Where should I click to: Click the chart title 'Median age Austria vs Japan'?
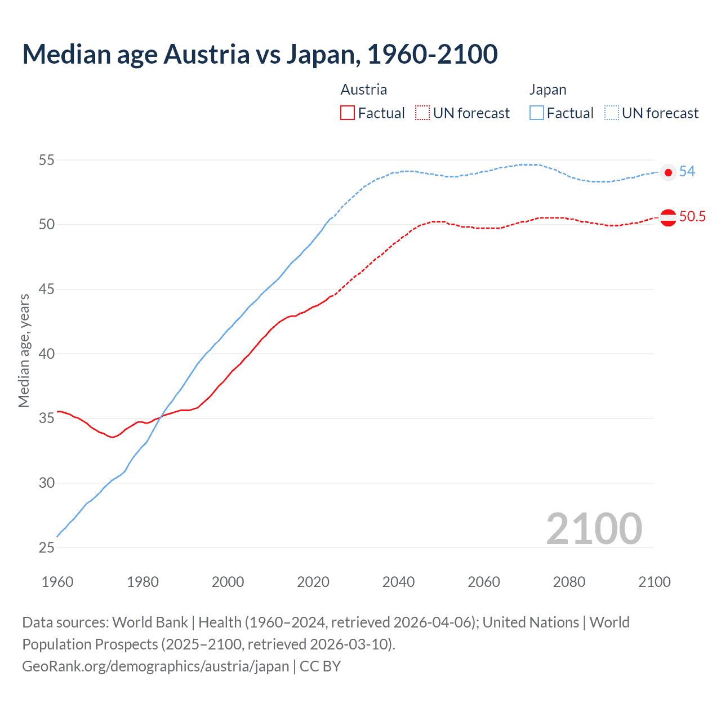click(x=260, y=54)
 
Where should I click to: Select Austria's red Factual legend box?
click(x=348, y=113)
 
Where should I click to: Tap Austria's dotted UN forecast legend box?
click(x=422, y=113)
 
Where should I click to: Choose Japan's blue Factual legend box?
click(x=537, y=113)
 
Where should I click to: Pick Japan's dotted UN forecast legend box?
click(x=612, y=113)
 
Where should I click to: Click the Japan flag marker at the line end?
click(x=668, y=172)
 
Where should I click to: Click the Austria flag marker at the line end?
click(x=668, y=217)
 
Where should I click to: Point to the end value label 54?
click(x=687, y=172)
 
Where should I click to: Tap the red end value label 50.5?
click(x=692, y=217)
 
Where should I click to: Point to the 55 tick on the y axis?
click(x=46, y=161)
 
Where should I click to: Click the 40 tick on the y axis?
click(x=46, y=354)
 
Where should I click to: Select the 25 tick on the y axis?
click(x=46, y=548)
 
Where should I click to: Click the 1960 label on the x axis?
click(x=57, y=582)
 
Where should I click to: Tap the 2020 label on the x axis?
click(x=313, y=582)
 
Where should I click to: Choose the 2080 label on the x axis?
click(x=569, y=582)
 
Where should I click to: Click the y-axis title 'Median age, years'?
click(x=24, y=350)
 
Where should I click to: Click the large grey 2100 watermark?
click(x=594, y=528)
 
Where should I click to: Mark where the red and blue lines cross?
click(x=161, y=416)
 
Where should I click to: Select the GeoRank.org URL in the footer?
click(x=155, y=666)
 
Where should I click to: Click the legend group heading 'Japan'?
click(x=548, y=90)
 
